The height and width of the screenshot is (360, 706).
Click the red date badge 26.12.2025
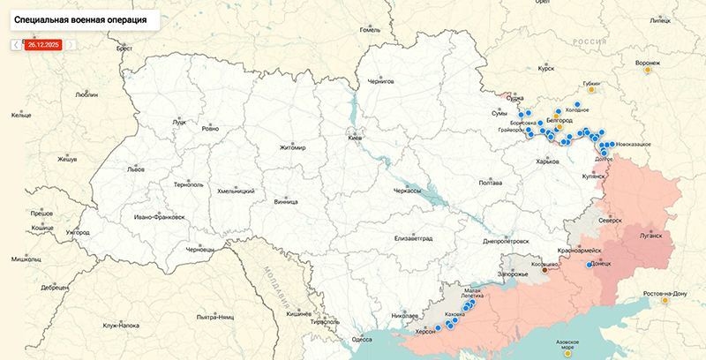(43, 43)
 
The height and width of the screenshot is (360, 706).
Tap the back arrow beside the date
(16, 43)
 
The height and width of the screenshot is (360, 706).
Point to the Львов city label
(110, 168)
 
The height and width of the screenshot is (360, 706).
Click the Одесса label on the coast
(362, 338)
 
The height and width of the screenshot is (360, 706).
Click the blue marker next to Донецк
(590, 264)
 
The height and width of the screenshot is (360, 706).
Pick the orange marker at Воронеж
(648, 71)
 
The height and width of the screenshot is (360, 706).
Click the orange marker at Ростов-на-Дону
(665, 300)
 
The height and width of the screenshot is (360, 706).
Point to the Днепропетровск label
(506, 240)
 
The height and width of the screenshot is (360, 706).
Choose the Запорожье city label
(513, 275)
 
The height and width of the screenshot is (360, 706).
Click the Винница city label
(286, 200)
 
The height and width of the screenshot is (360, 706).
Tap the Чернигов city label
(379, 81)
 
